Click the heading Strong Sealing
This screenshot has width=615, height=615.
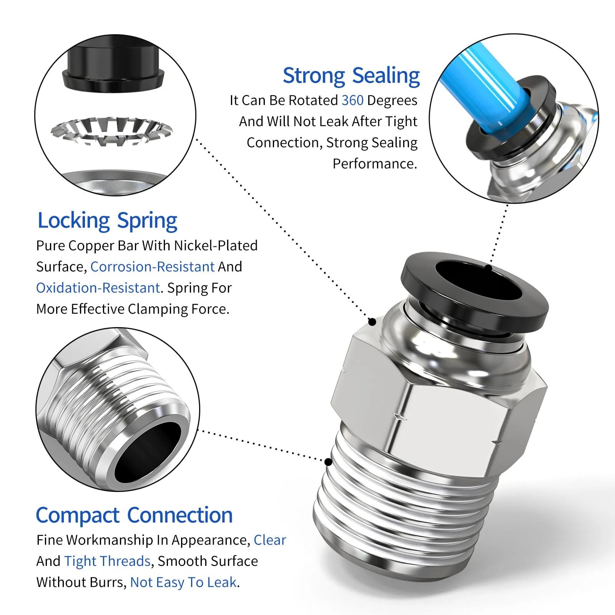351,76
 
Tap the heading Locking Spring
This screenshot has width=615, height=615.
108,221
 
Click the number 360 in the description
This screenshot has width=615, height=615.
352,100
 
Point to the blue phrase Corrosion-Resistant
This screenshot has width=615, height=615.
152,267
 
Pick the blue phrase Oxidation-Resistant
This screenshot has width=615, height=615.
98,288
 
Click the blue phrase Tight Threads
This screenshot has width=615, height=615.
107,562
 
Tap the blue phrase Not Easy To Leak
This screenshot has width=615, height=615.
183,583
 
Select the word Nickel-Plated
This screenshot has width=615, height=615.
216,246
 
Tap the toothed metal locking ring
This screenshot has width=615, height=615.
112,131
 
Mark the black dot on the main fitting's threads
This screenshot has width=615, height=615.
328,462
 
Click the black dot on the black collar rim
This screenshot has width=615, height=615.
488,268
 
